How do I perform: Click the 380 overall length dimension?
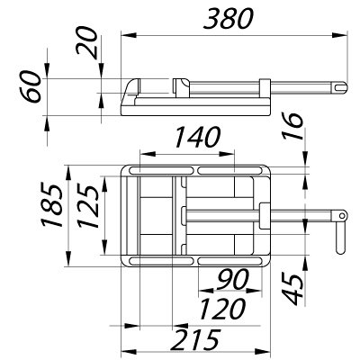(x=229, y=19)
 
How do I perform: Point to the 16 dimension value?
(x=292, y=126)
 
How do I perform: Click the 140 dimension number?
(x=197, y=138)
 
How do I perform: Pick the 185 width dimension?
(x=52, y=204)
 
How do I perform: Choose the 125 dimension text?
(x=87, y=207)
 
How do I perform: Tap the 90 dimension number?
(x=232, y=279)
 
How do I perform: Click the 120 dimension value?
(x=222, y=309)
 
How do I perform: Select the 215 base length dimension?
(x=194, y=340)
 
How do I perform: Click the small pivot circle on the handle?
(x=342, y=215)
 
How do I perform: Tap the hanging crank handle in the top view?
(x=340, y=237)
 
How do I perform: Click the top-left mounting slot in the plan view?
(x=161, y=171)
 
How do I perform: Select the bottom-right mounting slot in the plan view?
(x=229, y=261)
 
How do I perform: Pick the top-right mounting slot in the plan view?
(x=229, y=171)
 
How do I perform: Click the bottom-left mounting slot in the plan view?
(x=161, y=261)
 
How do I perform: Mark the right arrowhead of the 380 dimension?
(x=339, y=35)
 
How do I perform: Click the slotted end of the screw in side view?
(x=339, y=87)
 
